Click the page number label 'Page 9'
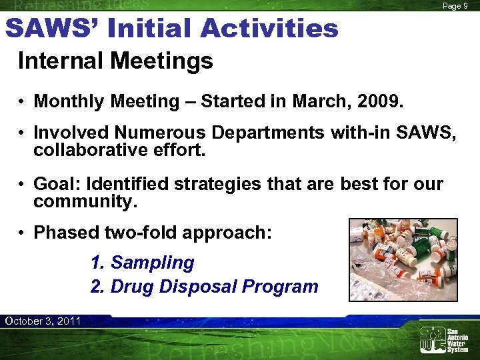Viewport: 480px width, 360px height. coord(456,6)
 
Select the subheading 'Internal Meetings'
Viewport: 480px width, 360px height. coord(115,62)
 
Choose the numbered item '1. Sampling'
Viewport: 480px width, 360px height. coord(142,263)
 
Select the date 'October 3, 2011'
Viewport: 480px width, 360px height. coord(43,321)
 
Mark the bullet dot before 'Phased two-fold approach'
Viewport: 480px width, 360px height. coord(22,233)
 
